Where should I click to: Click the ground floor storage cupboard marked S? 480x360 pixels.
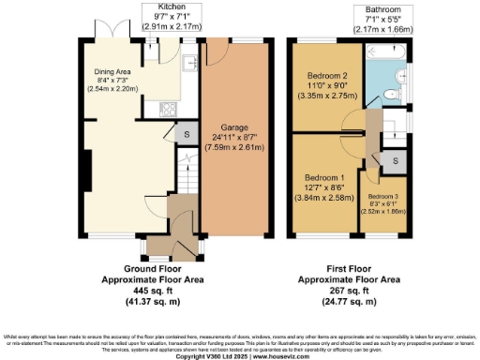tap(186, 133)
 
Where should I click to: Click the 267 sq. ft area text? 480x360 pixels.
tap(349, 291)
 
